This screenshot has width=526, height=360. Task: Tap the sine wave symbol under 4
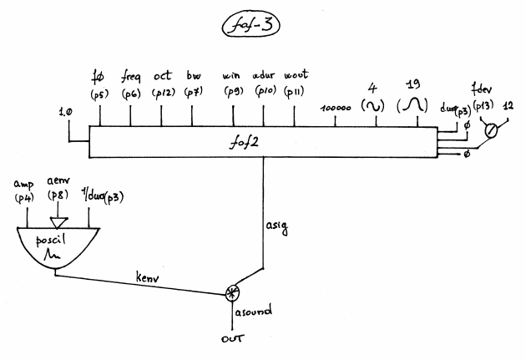(374, 106)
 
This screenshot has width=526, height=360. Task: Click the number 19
(411, 83)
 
